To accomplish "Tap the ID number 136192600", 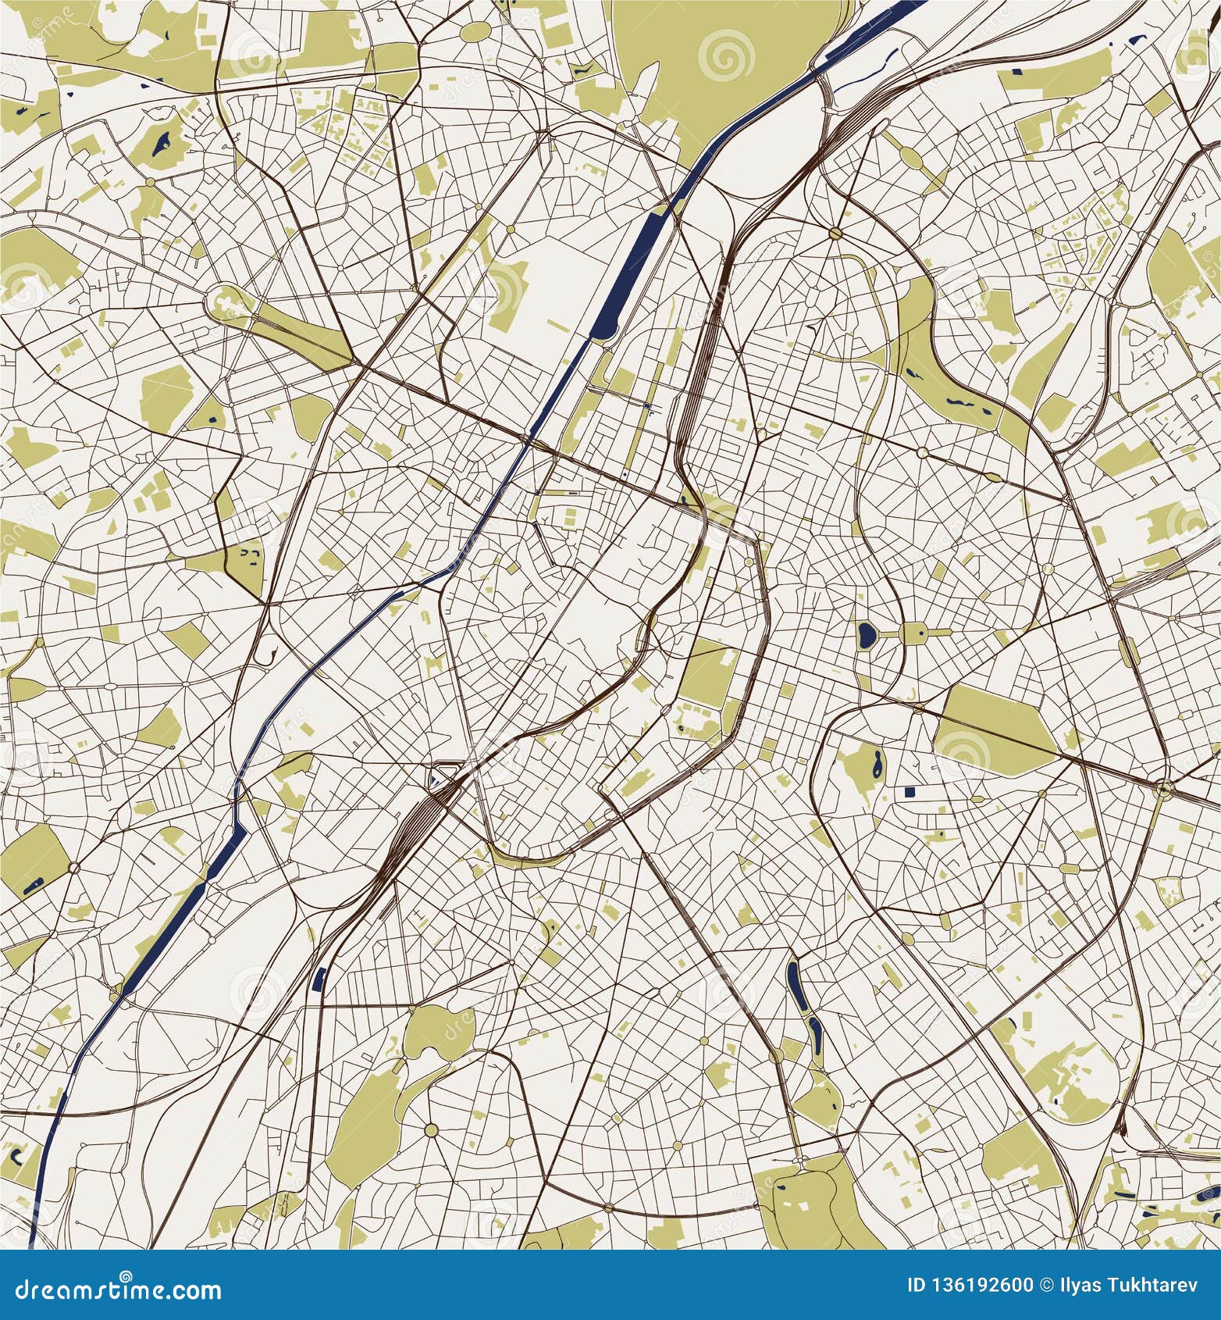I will [990, 1285].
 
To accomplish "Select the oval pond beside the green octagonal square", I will [865, 633].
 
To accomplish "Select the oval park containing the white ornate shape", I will [227, 302].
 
